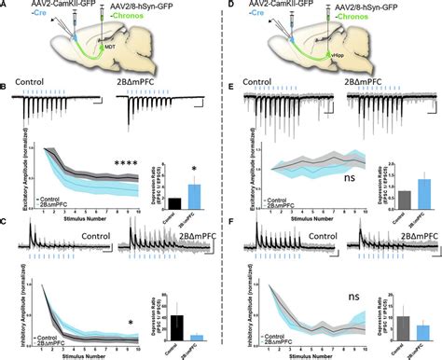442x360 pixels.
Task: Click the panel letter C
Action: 7,225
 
